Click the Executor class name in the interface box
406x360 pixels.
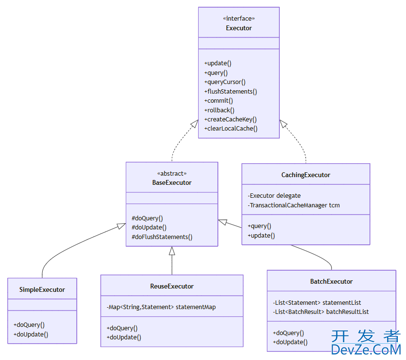[x=239, y=28]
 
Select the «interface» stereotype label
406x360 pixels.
[x=239, y=18]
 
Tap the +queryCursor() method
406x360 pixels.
[x=225, y=82]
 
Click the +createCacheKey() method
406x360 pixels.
[x=230, y=119]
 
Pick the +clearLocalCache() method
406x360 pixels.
[x=231, y=128]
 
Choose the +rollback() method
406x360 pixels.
[x=219, y=110]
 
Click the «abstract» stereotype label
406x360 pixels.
[x=172, y=173]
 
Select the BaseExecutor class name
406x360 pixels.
[x=172, y=182]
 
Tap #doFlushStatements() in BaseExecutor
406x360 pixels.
[x=162, y=237]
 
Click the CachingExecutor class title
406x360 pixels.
[x=306, y=175]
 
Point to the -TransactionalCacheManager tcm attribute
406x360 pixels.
[x=294, y=205]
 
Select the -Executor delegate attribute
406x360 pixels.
[x=274, y=195]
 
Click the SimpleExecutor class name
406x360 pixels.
[x=42, y=289]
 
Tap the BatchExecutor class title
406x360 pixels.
[x=331, y=281]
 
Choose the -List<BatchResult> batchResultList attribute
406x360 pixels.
[x=321, y=312]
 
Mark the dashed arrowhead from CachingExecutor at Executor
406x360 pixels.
[x=284, y=124]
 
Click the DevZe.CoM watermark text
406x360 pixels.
[x=366, y=349]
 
